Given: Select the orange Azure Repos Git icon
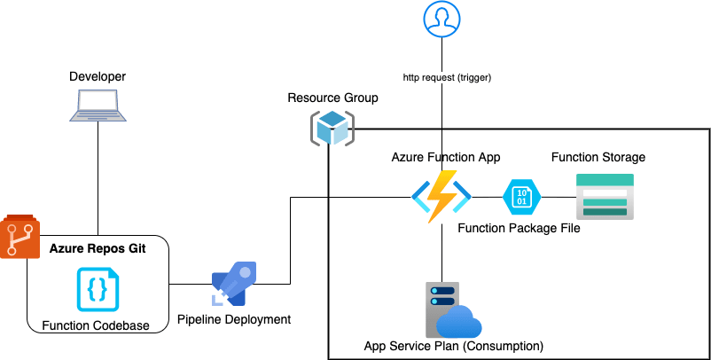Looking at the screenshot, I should coord(20,237).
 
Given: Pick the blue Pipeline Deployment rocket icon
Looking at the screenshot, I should coord(234,285).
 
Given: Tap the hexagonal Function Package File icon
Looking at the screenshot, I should coord(521,196).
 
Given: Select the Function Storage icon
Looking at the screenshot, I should coord(605,196).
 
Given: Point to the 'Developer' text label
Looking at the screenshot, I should coord(98,76).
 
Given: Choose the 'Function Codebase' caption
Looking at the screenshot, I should coord(98,326).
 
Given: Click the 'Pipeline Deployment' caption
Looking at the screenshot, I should coord(234,319).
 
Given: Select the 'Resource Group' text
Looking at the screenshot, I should coord(332,98).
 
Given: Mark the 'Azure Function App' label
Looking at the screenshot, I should coord(446,157).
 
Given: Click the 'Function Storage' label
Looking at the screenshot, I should coord(598,157).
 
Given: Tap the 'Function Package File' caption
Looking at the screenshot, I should coord(519,228).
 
